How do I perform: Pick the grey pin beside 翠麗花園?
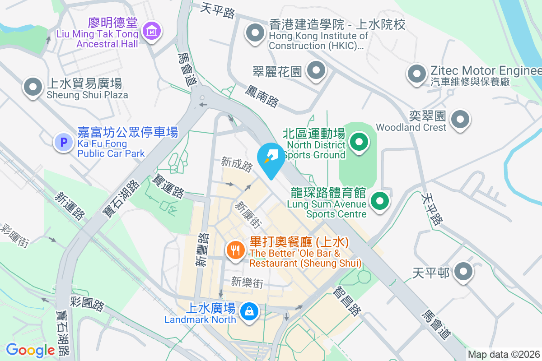pyautogui.click(x=316, y=70)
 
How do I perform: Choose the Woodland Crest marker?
pyautogui.click(x=460, y=120)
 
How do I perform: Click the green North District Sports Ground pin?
pyautogui.click(x=359, y=143)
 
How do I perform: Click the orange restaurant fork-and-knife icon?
pyautogui.click(x=235, y=250)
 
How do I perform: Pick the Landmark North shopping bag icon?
pyautogui.click(x=248, y=312)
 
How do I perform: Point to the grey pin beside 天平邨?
pyautogui.click(x=463, y=272)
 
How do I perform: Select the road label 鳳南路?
pyautogui.click(x=262, y=96)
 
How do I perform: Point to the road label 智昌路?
pyautogui.click(x=347, y=302)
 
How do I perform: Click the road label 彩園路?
pyautogui.click(x=87, y=303)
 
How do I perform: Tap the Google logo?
pyautogui.click(x=30, y=350)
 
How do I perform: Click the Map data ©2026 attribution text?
pyautogui.click(x=504, y=355)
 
